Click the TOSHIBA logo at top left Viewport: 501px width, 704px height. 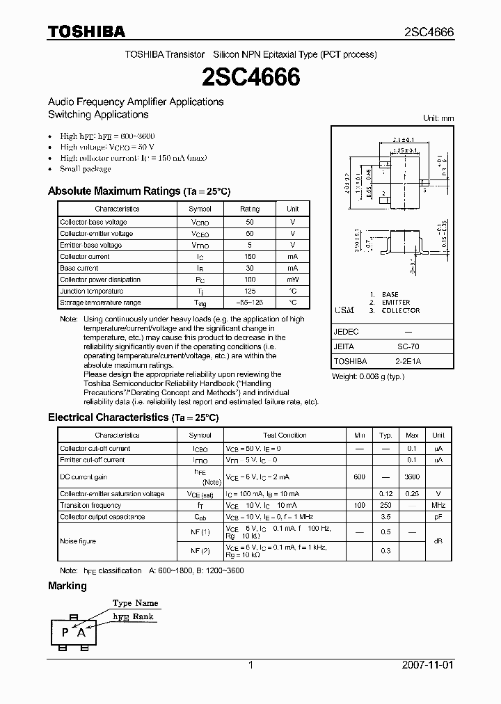tap(86, 31)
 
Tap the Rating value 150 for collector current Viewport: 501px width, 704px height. tap(250, 257)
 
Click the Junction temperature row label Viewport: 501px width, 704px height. tap(91, 291)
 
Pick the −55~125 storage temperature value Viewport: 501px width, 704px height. tap(250, 303)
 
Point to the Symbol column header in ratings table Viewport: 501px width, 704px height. tap(200, 209)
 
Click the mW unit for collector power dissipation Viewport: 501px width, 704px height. tap(292, 280)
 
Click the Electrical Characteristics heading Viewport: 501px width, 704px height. tap(133, 417)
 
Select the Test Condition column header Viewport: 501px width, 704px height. tap(285, 435)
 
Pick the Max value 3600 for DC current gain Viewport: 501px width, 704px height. tap(412, 477)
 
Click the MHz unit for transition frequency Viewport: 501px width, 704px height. tap(438, 505)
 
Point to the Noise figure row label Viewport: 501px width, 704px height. tap(78, 541)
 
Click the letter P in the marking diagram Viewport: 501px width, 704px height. tap(65, 632)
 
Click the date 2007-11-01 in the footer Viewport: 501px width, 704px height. tap(427, 665)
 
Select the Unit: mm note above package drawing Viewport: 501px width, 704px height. tap(438, 118)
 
